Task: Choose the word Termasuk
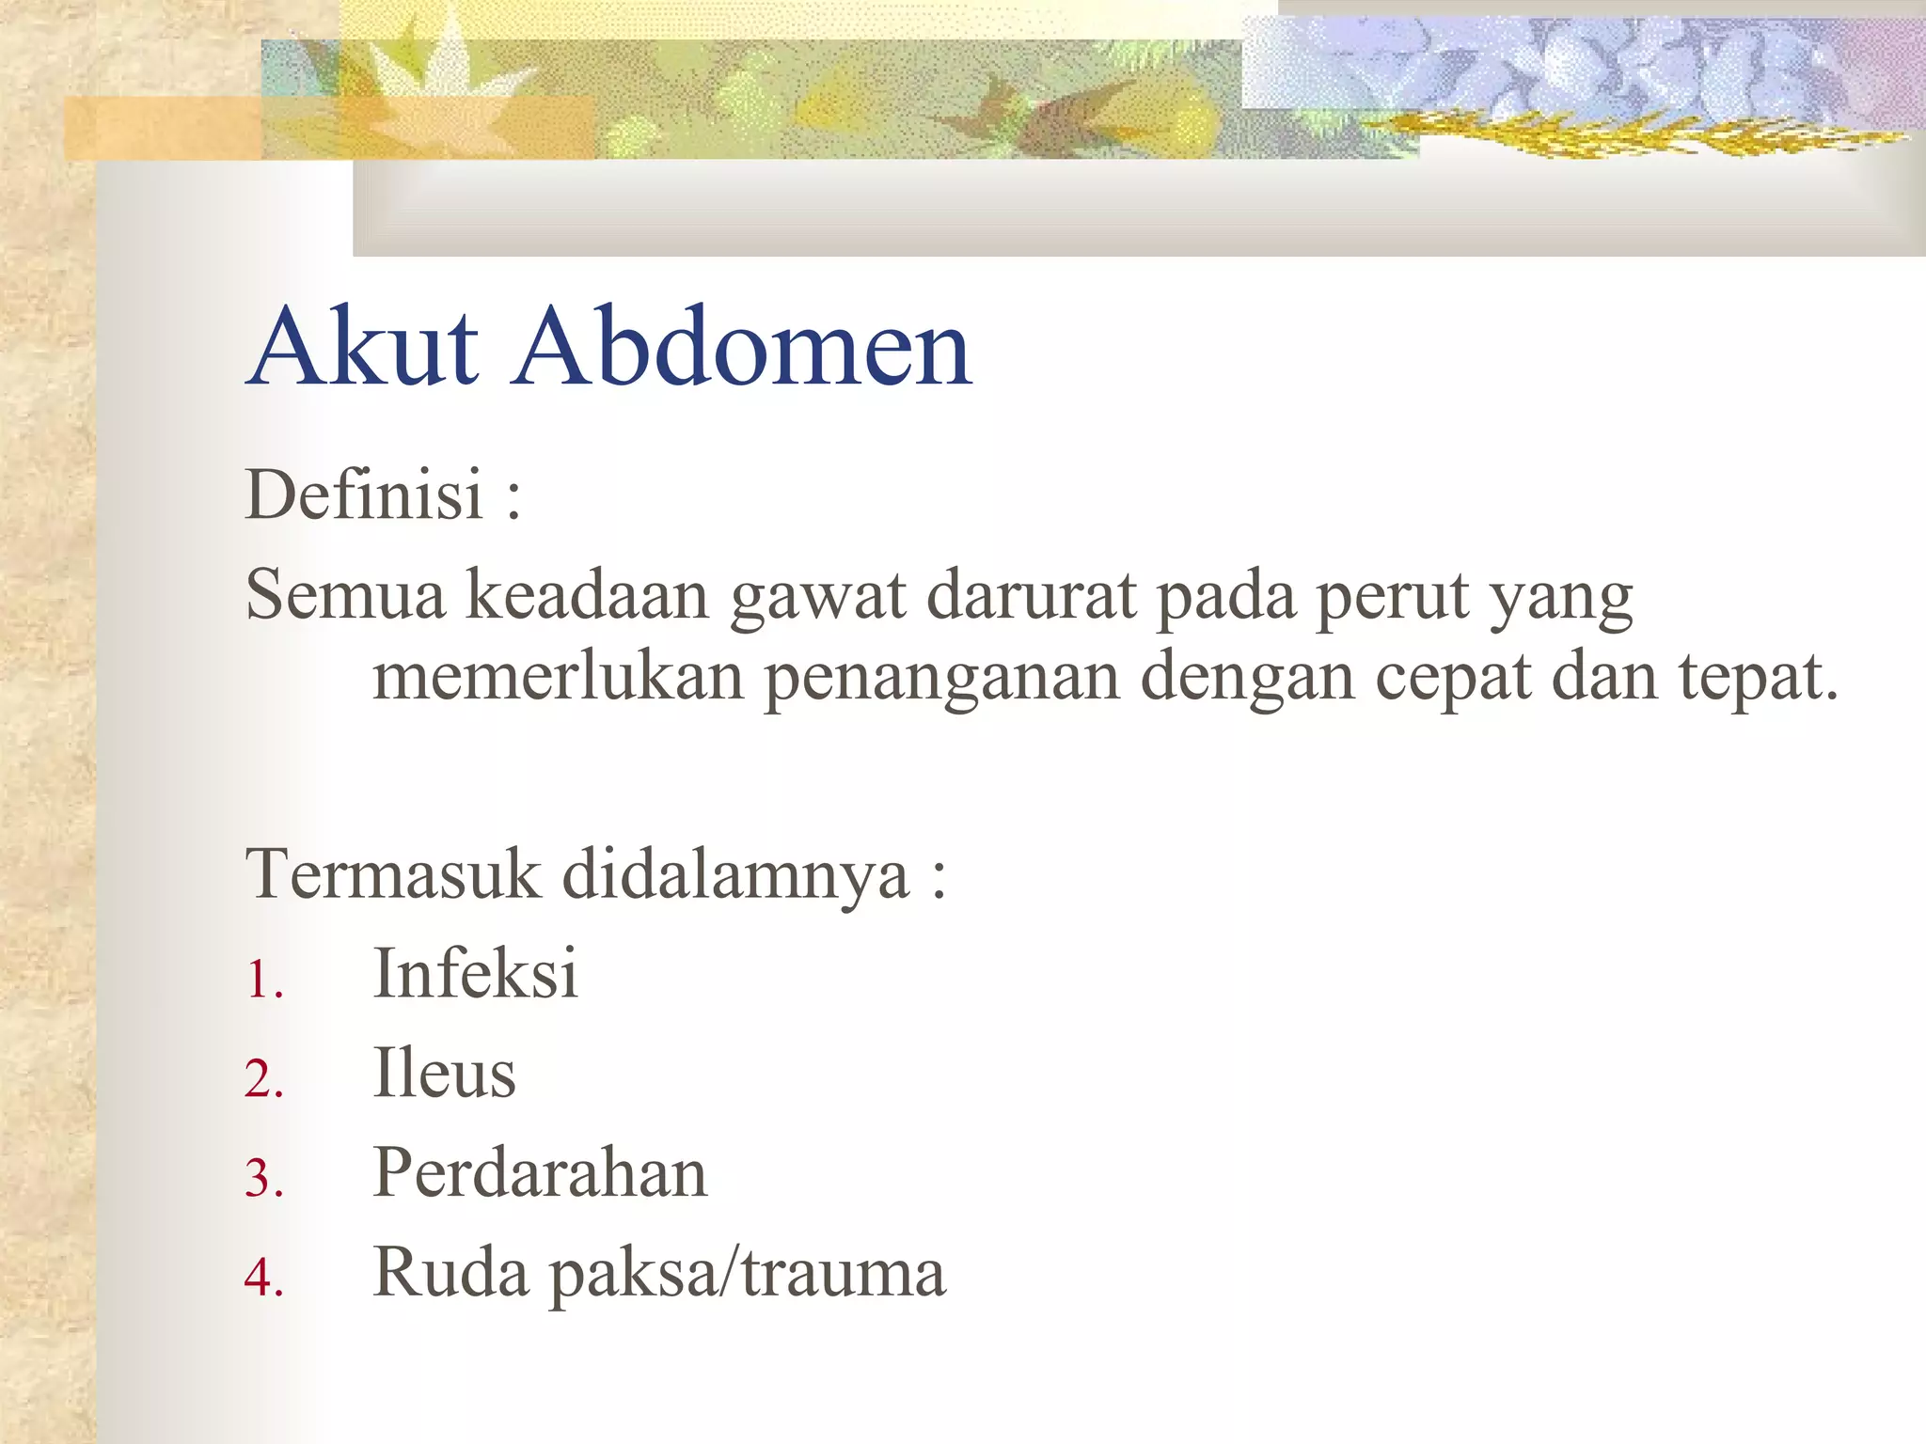click(393, 874)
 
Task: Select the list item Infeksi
click(475, 973)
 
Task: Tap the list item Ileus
click(445, 1074)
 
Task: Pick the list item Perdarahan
click(540, 1173)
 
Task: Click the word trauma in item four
click(844, 1273)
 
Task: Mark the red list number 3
click(262, 1179)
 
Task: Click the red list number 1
click(262, 980)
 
